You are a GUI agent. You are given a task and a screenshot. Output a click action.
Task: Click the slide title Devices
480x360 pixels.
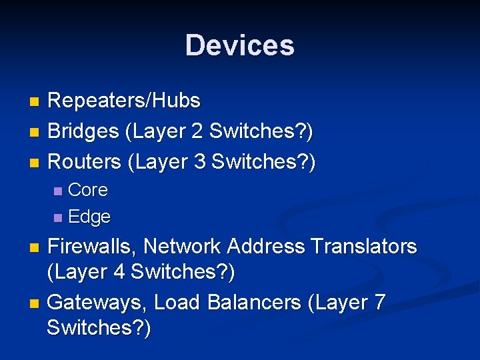click(x=239, y=45)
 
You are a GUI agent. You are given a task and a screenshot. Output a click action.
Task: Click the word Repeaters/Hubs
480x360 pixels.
click(x=124, y=101)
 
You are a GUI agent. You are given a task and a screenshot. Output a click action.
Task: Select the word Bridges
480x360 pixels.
click(x=83, y=131)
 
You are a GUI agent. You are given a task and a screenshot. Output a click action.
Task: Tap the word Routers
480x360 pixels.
click(x=85, y=161)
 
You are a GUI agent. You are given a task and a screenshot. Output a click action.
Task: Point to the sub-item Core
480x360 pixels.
click(x=88, y=190)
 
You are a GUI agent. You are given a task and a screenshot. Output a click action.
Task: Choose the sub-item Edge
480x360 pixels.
click(x=89, y=217)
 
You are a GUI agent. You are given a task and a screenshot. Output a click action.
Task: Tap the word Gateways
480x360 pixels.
click(x=97, y=303)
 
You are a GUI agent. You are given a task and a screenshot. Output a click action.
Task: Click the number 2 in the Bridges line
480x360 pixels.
click(x=197, y=131)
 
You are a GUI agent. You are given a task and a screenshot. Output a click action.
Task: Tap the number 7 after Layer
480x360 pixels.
click(x=379, y=303)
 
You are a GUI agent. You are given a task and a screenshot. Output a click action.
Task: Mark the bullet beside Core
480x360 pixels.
click(x=58, y=191)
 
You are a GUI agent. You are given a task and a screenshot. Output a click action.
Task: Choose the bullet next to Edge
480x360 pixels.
click(x=58, y=218)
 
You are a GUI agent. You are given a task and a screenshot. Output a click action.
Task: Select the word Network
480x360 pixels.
click(x=183, y=247)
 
